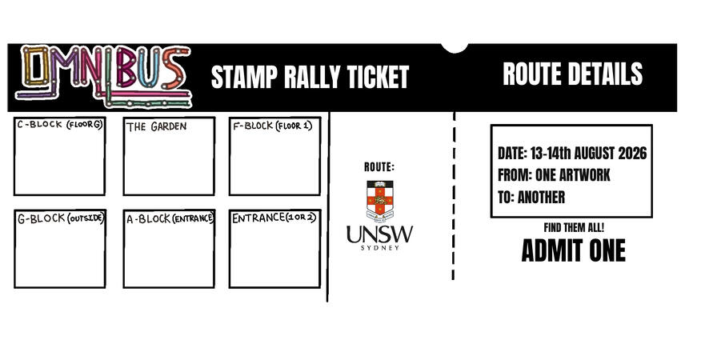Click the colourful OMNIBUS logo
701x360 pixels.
click(104, 76)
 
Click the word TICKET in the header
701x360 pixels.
click(379, 77)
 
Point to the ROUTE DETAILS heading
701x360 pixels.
click(573, 74)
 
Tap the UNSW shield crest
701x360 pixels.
click(380, 201)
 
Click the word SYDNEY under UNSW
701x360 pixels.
click(380, 248)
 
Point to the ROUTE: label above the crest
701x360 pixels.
click(379, 167)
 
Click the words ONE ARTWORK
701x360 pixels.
click(573, 175)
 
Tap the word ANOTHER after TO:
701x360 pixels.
click(542, 198)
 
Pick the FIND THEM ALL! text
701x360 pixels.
click(574, 228)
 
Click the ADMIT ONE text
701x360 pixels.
click(574, 250)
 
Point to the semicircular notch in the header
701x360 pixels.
click(455, 49)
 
